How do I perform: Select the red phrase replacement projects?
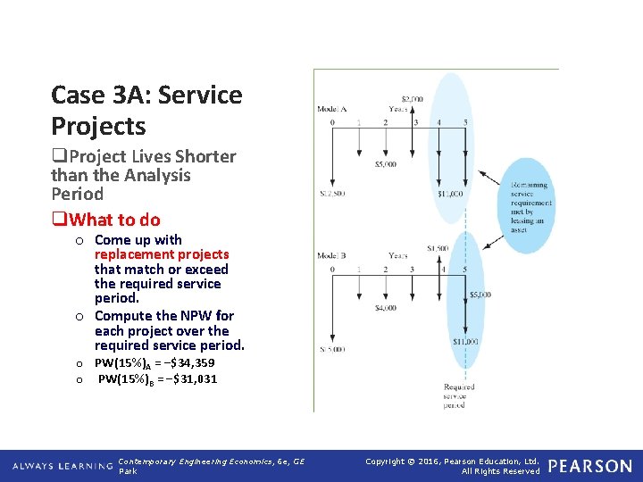click(162, 254)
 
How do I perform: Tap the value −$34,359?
click(184, 363)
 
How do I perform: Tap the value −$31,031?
click(188, 379)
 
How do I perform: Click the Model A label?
click(331, 109)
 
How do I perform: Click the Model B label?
click(331, 256)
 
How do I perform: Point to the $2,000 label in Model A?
click(412, 99)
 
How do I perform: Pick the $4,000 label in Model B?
click(386, 308)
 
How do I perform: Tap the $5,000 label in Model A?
click(386, 164)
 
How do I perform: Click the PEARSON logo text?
click(589, 466)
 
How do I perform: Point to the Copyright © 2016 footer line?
click(453, 461)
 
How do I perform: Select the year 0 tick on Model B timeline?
click(332, 269)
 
